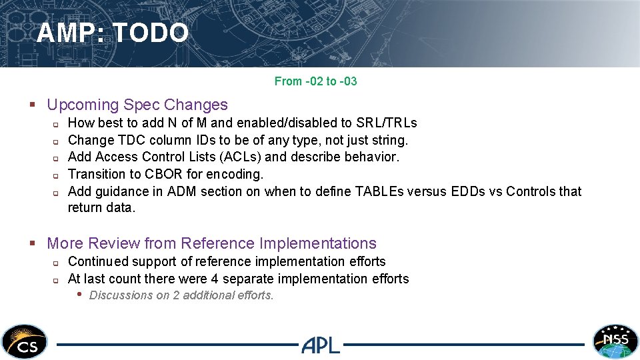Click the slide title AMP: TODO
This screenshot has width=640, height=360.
coord(113,33)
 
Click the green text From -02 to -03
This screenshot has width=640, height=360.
coord(315,81)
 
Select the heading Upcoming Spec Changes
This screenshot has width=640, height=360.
coord(137,105)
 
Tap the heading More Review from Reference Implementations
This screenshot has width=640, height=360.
coord(211,243)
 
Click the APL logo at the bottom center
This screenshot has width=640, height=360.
coord(321,345)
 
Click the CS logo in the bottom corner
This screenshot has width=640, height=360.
coord(25,341)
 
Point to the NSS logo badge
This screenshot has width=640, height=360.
coord(615,341)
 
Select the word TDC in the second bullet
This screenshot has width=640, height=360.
coord(127,140)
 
